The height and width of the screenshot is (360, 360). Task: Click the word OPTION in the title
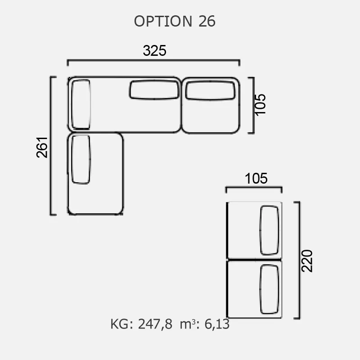coord(163,21)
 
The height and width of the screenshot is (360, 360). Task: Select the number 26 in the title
coord(207,21)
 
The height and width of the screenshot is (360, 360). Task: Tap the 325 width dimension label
coord(154,50)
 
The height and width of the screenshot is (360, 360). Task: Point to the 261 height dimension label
coord(42,147)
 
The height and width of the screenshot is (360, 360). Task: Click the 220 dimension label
coord(307,261)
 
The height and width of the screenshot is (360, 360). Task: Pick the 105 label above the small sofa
coord(256,178)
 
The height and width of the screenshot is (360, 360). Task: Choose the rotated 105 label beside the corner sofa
coord(260,105)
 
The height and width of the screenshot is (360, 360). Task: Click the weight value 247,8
coord(155,324)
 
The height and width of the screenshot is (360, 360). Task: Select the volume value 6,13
coord(217,324)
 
